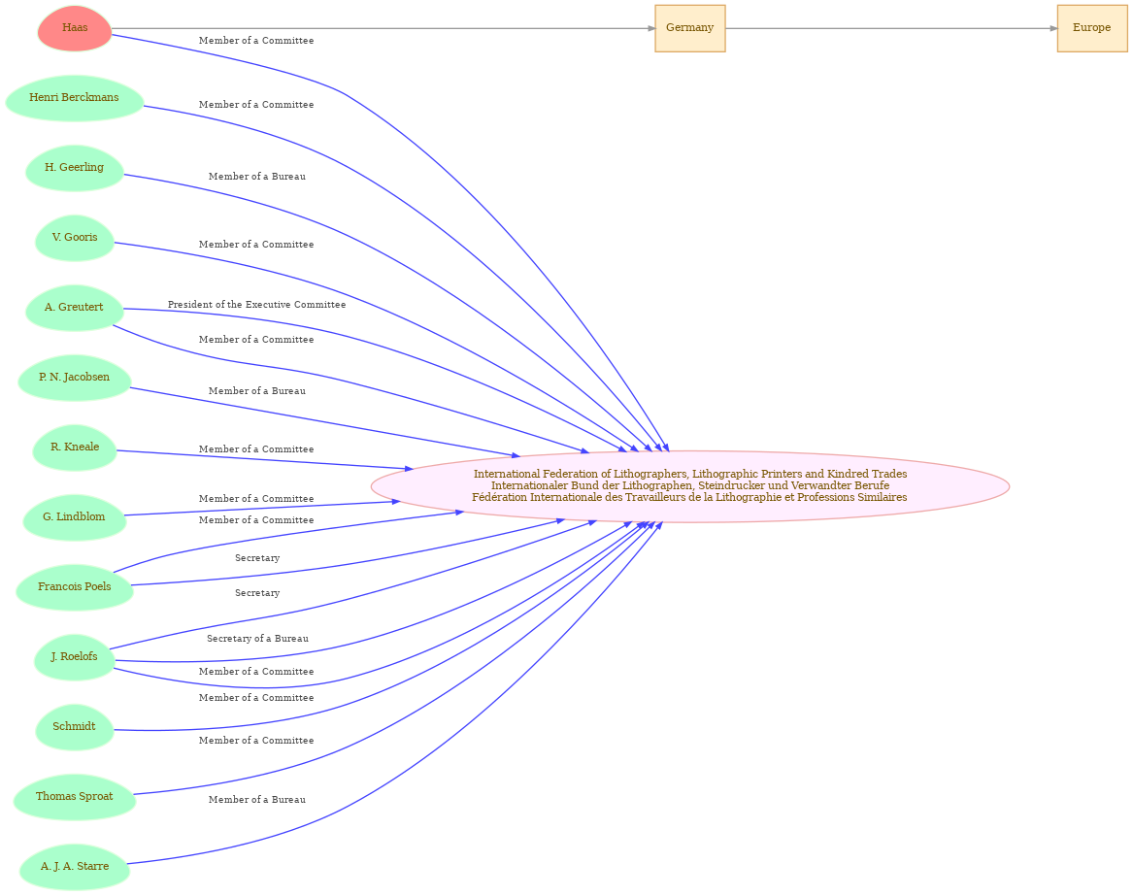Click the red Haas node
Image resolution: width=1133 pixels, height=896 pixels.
pos(75,28)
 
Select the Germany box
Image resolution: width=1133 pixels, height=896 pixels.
pos(690,28)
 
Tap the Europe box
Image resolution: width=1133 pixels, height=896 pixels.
pos(1092,28)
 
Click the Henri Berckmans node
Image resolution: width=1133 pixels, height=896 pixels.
pos(75,98)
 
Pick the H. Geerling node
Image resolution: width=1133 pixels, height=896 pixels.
pos(75,168)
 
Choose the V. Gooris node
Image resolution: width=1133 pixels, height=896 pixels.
pos(75,238)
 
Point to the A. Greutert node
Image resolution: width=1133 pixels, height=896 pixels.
pos(75,308)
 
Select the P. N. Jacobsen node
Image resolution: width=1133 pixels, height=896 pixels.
pos(75,378)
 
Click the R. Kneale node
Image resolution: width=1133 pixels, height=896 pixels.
pos(75,448)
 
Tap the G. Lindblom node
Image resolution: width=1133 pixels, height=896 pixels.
pos(75,517)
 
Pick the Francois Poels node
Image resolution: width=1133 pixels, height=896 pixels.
pos(75,586)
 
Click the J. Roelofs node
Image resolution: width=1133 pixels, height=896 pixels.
pos(75,657)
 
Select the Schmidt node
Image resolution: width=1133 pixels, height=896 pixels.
pos(75,727)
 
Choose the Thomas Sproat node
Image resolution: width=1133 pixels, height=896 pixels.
pos(75,796)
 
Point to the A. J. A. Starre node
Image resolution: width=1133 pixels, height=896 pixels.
pos(75,866)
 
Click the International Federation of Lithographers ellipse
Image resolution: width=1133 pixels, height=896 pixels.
pos(690,485)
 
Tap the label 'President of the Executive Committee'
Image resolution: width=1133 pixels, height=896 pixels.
pos(256,305)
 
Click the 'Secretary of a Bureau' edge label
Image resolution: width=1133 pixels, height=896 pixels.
pos(257,639)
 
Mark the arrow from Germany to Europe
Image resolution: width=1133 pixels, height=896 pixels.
pos(891,28)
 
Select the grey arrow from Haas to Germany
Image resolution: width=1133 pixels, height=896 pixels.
pos(383,28)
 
